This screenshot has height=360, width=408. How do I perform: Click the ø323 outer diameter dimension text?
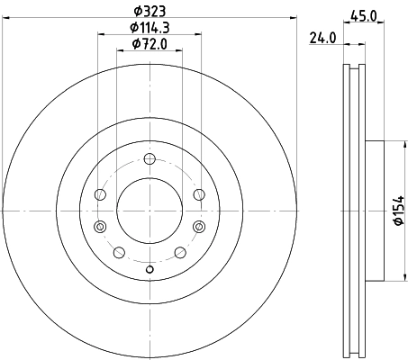click(150, 12)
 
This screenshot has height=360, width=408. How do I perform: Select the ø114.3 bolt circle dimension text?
click(150, 28)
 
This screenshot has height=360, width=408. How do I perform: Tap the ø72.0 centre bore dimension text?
click(150, 44)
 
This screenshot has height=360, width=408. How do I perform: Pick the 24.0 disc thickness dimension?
click(322, 39)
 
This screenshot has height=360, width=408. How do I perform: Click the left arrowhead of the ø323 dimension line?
click(6, 19)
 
